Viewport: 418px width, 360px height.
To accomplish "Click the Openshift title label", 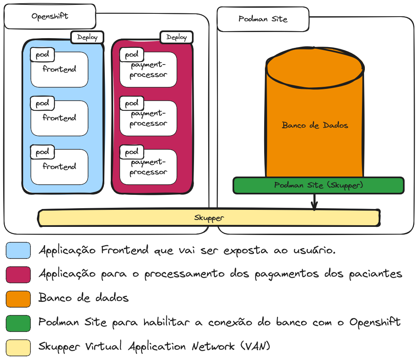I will click(50, 17).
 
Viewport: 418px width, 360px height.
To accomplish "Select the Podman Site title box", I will click(263, 19).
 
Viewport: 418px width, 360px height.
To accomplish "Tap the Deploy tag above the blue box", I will click(87, 37).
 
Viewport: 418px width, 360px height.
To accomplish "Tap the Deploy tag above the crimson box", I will click(177, 37).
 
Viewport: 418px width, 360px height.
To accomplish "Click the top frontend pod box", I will click(60, 70).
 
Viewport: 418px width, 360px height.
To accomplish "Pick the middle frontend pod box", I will click(60, 119).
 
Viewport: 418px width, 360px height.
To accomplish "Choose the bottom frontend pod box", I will click(60, 167).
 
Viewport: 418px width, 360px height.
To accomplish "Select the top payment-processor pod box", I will click(149, 70).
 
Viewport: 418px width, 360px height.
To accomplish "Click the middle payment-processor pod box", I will click(149, 119).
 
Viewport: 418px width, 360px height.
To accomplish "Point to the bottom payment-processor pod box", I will click(149, 167).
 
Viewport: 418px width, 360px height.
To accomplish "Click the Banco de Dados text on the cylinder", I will click(315, 125).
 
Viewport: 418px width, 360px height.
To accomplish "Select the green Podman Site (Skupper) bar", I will click(319, 185).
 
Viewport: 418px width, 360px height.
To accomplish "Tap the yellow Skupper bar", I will click(209, 218).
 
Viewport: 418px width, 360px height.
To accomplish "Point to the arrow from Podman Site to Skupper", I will click(314, 201).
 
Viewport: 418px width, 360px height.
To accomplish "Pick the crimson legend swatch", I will click(18, 274).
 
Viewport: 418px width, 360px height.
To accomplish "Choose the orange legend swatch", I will click(18, 298).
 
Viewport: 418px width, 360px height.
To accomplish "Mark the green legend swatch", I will click(18, 323).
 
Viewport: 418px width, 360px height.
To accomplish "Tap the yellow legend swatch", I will click(18, 347).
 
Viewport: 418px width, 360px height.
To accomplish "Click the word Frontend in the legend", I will click(125, 250).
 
